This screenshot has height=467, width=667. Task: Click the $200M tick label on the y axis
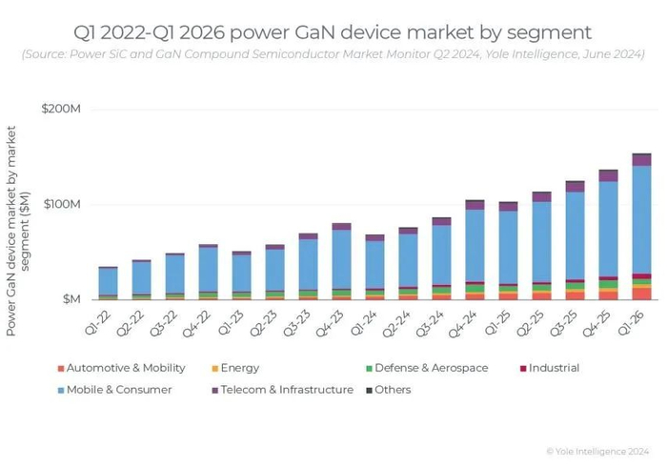click(60, 110)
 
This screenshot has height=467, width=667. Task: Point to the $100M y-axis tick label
click(60, 204)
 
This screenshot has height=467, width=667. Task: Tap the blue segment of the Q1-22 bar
click(108, 281)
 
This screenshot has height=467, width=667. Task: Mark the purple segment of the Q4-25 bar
click(608, 176)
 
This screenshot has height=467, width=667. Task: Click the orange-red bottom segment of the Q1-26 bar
click(641, 293)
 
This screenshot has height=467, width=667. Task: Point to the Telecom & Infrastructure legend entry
click(284, 389)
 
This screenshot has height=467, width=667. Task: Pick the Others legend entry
click(392, 389)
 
